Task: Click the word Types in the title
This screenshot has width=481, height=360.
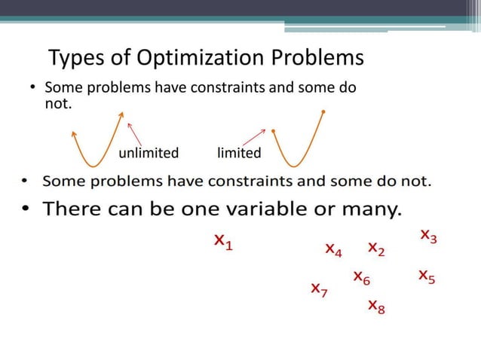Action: (x=73, y=58)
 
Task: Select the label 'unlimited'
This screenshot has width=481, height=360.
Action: (x=149, y=154)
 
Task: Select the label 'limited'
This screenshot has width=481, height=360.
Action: (x=239, y=154)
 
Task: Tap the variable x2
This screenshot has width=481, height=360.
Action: (x=376, y=248)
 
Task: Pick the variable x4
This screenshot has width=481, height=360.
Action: (x=332, y=249)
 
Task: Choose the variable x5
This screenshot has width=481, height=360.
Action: (x=427, y=276)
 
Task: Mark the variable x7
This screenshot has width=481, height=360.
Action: (x=319, y=289)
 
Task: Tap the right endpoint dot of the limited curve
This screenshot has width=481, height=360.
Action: (x=323, y=112)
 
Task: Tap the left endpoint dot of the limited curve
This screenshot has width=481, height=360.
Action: (x=274, y=131)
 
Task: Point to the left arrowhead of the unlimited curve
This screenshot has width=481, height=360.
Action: (x=73, y=133)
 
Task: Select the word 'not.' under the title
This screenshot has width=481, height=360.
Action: (x=59, y=103)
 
